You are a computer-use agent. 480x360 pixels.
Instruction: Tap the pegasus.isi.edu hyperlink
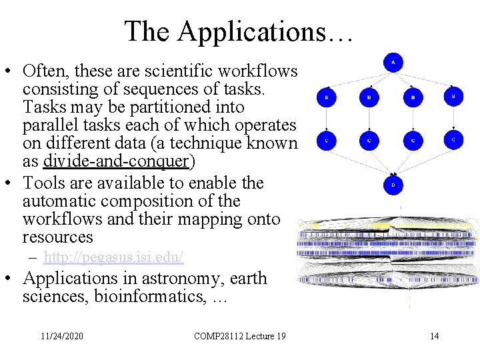point(114,257)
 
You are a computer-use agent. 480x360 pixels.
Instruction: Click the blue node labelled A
point(393,63)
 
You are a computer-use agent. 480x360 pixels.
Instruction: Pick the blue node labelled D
point(393,185)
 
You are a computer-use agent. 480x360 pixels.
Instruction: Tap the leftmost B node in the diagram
point(326,97)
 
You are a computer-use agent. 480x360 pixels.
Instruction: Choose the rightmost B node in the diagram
point(453,96)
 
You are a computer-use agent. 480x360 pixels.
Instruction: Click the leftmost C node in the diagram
point(326,141)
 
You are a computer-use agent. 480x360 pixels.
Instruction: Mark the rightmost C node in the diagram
point(453,140)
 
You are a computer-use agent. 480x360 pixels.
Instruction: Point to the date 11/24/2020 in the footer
point(62,336)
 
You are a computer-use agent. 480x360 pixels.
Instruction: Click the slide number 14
point(435,336)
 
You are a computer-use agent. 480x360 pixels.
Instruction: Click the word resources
point(57,237)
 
